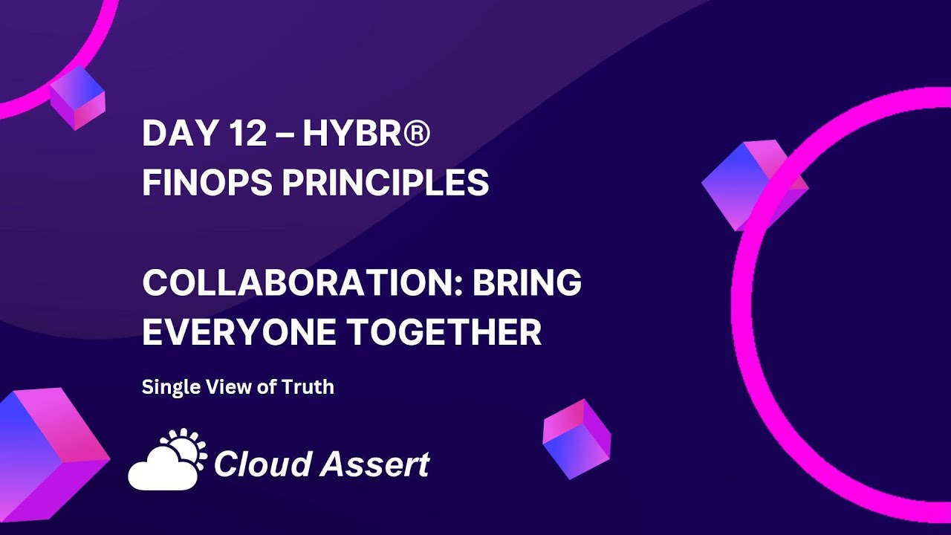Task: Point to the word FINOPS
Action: [205, 182]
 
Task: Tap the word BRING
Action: [528, 283]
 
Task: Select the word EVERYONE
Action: [236, 332]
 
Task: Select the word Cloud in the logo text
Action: [261, 464]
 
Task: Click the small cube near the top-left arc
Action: [77, 97]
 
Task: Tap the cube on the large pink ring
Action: [752, 184]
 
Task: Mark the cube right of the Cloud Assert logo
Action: [577, 438]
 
